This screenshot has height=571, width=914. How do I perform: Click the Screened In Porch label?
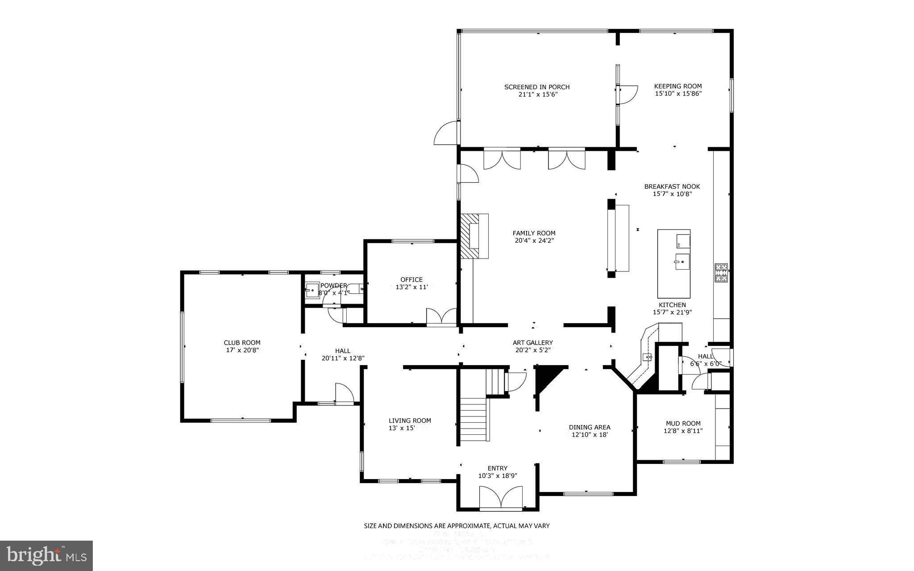pyautogui.click(x=537, y=87)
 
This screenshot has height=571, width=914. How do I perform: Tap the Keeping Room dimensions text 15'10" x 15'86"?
pyautogui.click(x=678, y=94)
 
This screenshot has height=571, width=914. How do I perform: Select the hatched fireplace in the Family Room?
pyautogui.click(x=469, y=235)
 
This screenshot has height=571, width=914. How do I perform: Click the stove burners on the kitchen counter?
pyautogui.click(x=721, y=273)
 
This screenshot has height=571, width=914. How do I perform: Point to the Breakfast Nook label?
pyautogui.click(x=672, y=187)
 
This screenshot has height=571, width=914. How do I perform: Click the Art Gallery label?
pyautogui.click(x=532, y=343)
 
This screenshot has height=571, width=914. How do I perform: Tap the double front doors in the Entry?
pyautogui.click(x=500, y=498)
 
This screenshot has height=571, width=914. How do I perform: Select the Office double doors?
pyautogui.click(x=441, y=317)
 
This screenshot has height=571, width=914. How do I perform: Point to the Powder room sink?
pyautogui.click(x=312, y=290)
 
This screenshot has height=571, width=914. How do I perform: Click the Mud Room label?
pyautogui.click(x=683, y=423)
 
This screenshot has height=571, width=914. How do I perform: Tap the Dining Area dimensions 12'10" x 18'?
pyautogui.click(x=590, y=434)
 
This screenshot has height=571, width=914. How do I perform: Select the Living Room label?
pyautogui.click(x=410, y=421)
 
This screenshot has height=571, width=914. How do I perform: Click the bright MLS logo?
pyautogui.click(x=46, y=555)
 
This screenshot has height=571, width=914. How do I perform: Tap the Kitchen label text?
pyautogui.click(x=672, y=305)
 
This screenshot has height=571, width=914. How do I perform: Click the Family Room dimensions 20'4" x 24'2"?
pyautogui.click(x=534, y=241)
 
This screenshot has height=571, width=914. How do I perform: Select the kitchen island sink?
pyautogui.click(x=682, y=262)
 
